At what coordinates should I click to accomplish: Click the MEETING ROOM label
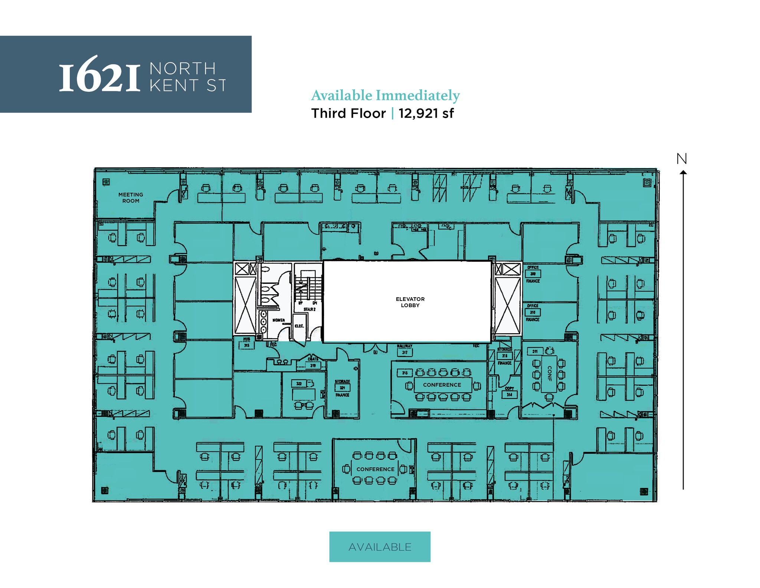click(131, 198)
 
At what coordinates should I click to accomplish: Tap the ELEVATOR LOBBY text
click(410, 302)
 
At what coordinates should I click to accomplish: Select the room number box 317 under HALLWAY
click(404, 353)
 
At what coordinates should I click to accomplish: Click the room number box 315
click(405, 373)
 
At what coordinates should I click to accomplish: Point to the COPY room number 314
click(509, 395)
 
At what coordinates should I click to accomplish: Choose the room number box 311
click(535, 351)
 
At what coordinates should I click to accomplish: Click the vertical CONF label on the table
click(549, 374)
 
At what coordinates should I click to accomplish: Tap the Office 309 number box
click(533, 274)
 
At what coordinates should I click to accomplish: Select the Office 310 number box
click(533, 312)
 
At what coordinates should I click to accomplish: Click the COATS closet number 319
click(313, 366)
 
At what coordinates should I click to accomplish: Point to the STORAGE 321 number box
click(342, 388)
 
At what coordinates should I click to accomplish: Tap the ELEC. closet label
click(299, 326)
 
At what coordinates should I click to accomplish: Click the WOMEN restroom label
click(279, 320)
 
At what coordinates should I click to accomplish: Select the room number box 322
click(299, 383)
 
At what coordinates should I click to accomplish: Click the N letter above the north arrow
click(682, 159)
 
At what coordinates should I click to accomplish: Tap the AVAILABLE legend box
click(380, 547)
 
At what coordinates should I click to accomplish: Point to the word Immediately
click(417, 95)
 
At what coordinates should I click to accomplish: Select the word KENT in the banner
click(174, 86)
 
